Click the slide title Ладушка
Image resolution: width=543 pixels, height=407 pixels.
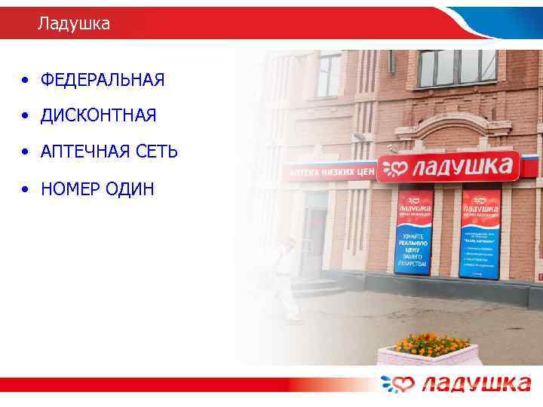74,24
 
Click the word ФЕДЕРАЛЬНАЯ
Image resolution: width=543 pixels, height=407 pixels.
103,80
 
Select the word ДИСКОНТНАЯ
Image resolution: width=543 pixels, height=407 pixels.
98,116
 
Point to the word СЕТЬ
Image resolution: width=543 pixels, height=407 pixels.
156,152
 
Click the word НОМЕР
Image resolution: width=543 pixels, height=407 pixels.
73,188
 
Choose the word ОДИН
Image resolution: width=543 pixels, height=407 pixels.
131,188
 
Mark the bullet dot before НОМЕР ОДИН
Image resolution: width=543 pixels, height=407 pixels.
26,189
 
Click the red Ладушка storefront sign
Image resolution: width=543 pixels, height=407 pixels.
449,167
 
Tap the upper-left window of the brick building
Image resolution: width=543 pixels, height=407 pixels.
329,73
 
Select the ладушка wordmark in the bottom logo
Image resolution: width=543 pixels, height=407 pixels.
476,384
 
